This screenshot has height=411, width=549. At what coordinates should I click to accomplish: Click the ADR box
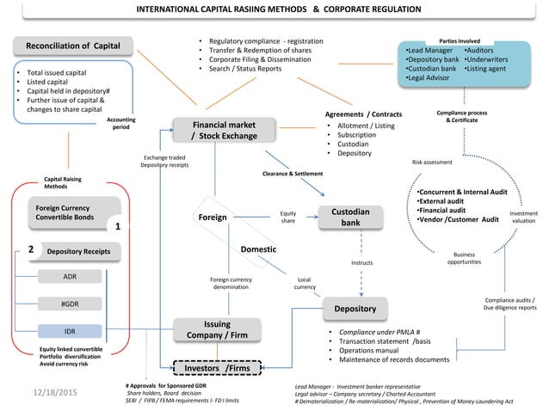pos(70,277)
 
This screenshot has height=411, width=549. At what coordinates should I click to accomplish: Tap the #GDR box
pos(70,304)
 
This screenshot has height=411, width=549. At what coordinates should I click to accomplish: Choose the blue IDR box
pos(70,331)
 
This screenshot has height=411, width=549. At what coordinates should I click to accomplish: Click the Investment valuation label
pos(523,217)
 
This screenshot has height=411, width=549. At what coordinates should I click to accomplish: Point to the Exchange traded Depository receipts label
pos(166,162)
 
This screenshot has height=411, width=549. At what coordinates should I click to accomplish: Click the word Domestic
pos(258,248)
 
